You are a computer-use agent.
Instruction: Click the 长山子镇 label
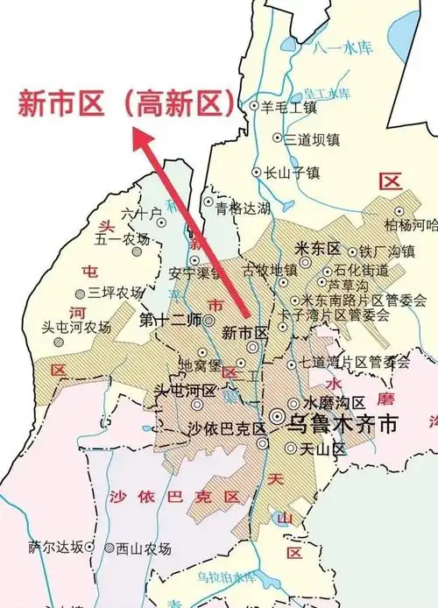point(289,173)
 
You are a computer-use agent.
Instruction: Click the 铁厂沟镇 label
point(386,251)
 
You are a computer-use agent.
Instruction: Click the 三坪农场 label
point(116,293)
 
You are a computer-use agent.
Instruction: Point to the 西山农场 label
point(143,548)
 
